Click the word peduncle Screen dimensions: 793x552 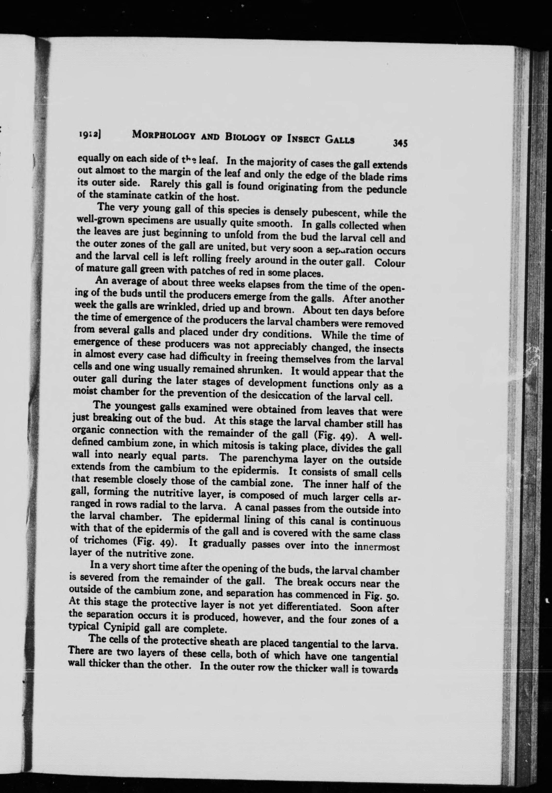point(387,190)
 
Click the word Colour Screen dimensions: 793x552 point(390,263)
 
